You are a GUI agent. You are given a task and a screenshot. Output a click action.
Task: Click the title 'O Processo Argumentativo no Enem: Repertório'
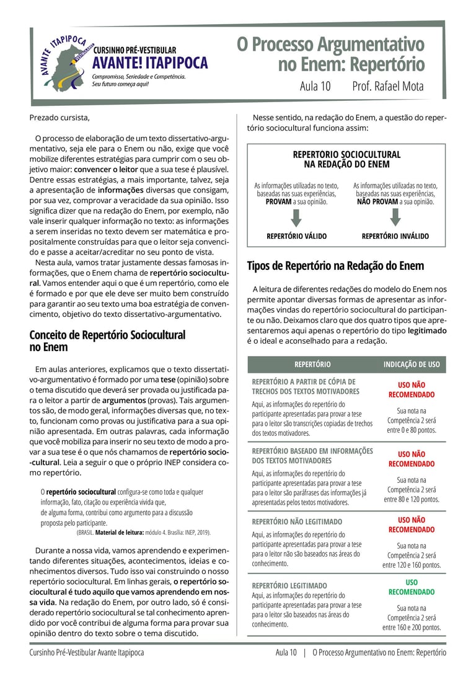click(x=330, y=54)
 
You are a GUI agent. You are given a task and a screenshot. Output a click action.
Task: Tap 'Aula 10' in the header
click(x=315, y=87)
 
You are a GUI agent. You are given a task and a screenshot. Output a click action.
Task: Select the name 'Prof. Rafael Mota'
click(x=388, y=87)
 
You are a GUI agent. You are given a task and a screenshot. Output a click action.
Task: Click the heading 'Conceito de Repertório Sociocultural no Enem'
click(x=107, y=341)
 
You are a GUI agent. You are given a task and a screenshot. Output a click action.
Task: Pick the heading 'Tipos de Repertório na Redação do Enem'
click(x=335, y=266)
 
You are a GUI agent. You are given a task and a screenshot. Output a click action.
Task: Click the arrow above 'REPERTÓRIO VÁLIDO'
click(x=296, y=218)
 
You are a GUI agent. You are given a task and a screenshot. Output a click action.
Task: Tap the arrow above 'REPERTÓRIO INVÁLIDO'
click(x=395, y=218)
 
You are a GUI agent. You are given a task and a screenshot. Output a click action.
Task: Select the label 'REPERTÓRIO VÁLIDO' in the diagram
click(x=296, y=236)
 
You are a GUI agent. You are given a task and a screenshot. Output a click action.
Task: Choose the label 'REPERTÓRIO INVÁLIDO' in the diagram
click(x=395, y=236)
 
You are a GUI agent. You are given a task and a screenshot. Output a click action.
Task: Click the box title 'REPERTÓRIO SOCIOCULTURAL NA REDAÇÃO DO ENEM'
click(x=346, y=159)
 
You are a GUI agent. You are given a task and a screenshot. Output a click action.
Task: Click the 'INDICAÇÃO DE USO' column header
click(x=412, y=365)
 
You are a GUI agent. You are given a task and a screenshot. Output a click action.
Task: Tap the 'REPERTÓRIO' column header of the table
click(x=312, y=365)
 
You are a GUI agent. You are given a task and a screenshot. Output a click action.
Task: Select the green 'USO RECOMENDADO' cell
click(x=412, y=587)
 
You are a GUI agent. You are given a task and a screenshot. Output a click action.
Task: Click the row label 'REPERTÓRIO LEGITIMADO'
click(x=289, y=585)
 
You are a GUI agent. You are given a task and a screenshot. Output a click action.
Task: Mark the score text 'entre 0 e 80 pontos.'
click(x=412, y=430)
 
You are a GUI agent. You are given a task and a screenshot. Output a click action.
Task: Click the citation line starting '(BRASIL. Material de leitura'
click(x=144, y=532)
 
